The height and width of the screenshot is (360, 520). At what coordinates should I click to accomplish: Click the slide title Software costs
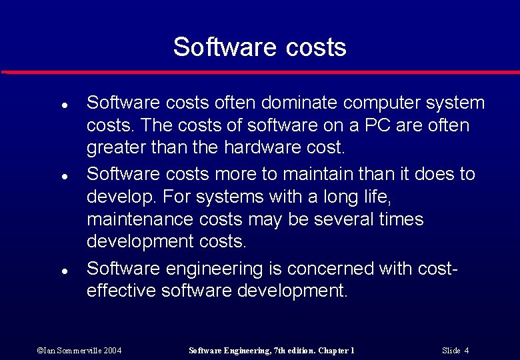[x=259, y=47]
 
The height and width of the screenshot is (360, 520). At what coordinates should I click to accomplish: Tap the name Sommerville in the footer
[x=74, y=351]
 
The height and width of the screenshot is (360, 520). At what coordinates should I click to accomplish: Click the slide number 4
[x=467, y=351]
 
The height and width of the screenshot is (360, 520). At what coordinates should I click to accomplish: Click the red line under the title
[x=260, y=72]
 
